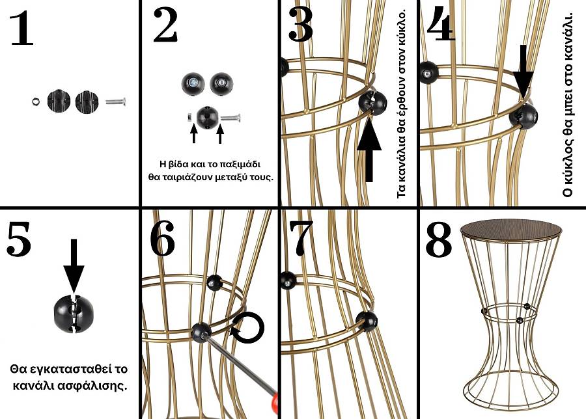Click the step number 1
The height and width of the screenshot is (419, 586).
point(22,29)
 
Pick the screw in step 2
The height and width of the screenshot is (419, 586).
point(232,118)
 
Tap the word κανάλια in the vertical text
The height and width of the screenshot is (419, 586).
point(402,162)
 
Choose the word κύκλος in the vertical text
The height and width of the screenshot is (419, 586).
point(568,170)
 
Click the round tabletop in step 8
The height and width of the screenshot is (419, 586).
point(511,228)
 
